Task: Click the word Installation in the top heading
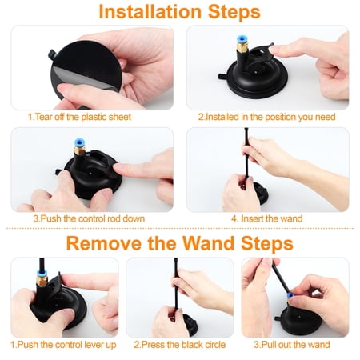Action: tap(150, 12)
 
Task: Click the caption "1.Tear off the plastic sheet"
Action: tap(79, 117)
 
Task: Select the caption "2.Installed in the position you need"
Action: tap(266, 117)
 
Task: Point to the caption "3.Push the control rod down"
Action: tap(89, 218)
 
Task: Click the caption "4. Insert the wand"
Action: tap(267, 218)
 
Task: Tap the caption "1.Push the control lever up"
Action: tap(63, 345)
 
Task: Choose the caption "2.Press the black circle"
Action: tap(180, 345)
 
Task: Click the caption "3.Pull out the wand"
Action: tap(292, 345)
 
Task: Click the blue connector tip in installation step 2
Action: tap(241, 39)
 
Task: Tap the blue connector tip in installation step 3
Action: tap(79, 142)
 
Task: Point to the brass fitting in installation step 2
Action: tap(242, 47)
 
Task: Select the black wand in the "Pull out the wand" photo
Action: tap(280, 276)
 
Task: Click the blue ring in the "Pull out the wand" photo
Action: tap(290, 295)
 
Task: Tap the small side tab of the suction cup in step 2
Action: tap(223, 77)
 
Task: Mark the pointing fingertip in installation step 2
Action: tap(274, 50)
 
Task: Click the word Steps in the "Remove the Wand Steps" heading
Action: tap(267, 243)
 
